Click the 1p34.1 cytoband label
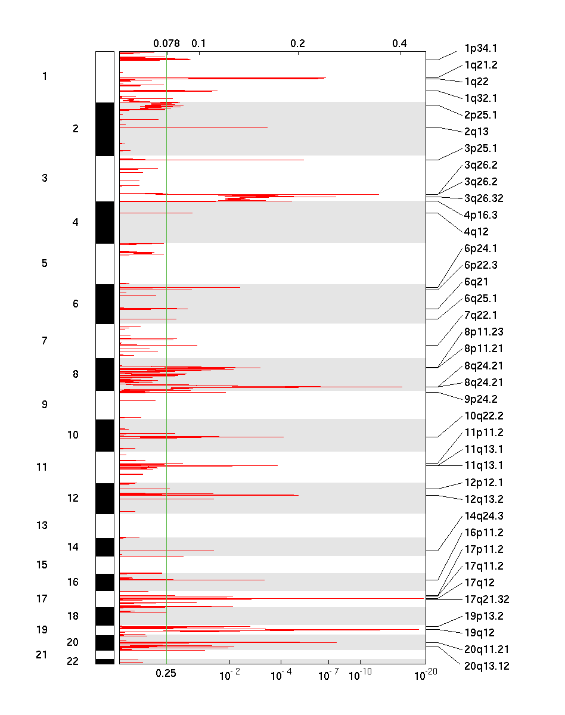coord(480,48)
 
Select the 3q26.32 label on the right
coord(484,198)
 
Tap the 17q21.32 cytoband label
coord(486,599)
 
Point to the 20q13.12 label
coord(486,666)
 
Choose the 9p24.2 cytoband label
coord(480,399)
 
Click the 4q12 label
coord(476,232)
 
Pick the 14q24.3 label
coord(483,516)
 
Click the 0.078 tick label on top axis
coord(166,43)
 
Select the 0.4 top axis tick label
coord(399,43)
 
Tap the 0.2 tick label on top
coord(298,43)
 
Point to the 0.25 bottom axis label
coord(166,673)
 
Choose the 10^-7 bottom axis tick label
coord(328,674)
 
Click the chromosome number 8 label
coord(75,374)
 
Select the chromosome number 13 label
coord(42,526)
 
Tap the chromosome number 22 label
coord(73,661)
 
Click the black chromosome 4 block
coord(104,222)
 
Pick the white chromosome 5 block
coord(104,263)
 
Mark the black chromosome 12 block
coord(104,498)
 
